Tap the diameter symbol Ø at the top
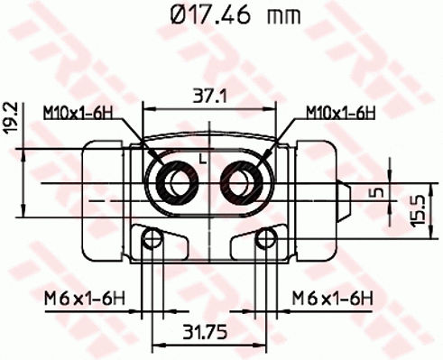[x=178, y=14]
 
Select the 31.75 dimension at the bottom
[x=210, y=332]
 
